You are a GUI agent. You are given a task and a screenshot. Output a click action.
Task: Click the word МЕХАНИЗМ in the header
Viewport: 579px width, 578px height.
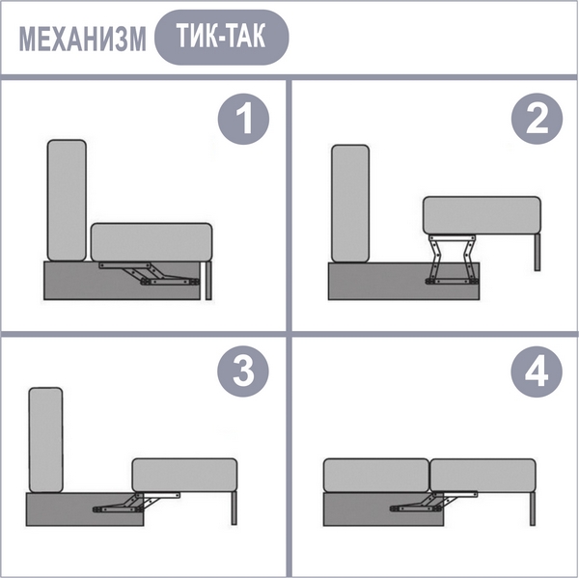coord(82,39)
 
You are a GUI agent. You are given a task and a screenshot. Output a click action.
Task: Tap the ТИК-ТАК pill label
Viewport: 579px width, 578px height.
coord(222,38)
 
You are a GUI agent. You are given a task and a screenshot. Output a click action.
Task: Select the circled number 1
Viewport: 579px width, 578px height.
coord(243,119)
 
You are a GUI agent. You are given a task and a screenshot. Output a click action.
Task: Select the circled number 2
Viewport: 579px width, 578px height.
coord(537,119)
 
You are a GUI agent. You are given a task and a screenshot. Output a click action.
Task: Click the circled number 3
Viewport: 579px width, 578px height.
coord(243,372)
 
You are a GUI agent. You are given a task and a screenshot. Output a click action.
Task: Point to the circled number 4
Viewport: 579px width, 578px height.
coord(537,372)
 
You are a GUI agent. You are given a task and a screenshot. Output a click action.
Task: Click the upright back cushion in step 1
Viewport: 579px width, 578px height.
coord(67,200)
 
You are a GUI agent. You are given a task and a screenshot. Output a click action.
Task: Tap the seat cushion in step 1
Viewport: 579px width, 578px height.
coord(152,242)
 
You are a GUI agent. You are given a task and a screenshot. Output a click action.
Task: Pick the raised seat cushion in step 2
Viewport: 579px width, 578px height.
coord(482,215)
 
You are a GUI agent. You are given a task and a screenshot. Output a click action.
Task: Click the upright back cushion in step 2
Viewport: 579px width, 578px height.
coord(350,204)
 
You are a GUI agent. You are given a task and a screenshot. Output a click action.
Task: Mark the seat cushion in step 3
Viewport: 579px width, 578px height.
coord(184,476)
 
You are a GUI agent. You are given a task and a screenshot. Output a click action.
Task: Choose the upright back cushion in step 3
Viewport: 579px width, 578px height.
coord(45,440)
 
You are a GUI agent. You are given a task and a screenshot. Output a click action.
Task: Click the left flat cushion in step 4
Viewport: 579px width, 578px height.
coord(376,476)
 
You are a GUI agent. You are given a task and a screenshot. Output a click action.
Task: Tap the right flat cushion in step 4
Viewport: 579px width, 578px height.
coord(483,476)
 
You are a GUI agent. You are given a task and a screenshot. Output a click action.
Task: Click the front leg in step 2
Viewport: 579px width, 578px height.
coord(538,252)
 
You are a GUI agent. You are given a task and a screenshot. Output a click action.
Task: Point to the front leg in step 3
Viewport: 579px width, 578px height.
coord(234,509)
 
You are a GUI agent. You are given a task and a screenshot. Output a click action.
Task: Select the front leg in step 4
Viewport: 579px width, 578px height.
coord(532,509)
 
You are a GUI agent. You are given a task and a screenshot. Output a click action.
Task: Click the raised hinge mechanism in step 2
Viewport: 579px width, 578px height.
coord(452,260)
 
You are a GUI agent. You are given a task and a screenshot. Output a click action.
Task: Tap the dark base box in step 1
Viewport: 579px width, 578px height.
coord(123,281)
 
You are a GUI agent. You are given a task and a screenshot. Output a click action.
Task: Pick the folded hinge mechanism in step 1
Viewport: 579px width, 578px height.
coord(150,274)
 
